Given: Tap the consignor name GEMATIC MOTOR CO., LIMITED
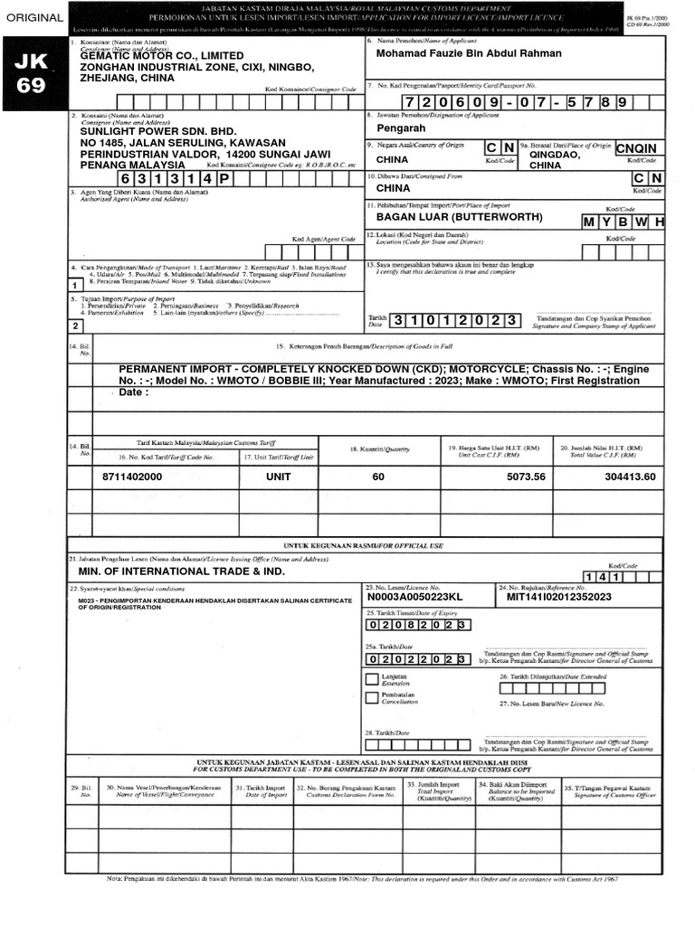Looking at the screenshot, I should point(162,55).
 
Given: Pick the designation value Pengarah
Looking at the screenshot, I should point(399,130).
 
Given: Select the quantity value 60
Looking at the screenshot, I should point(378,477).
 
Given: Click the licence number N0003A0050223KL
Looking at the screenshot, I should point(414,597).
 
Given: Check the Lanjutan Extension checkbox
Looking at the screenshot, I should point(372,678).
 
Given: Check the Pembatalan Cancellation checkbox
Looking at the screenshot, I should point(372,697).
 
